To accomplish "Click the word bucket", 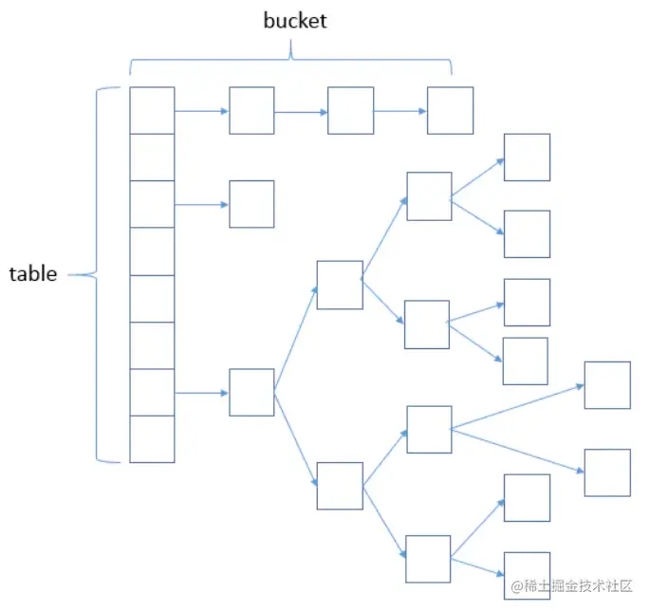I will tap(294, 21).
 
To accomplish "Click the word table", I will tap(33, 275).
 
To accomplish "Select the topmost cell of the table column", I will tap(152, 110).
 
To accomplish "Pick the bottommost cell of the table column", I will tap(152, 438).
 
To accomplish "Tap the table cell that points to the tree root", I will tap(152, 392).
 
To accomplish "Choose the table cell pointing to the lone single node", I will tap(152, 204).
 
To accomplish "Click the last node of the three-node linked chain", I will tap(450, 110).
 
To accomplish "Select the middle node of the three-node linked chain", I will tap(350, 110).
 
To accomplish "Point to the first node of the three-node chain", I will tap(251, 110).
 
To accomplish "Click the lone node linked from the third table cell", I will tap(251, 204).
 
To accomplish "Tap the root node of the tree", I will tap(251, 392).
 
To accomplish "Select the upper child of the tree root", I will tap(340, 285).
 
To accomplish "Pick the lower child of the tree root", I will tap(340, 486).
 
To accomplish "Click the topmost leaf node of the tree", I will tap(527, 157).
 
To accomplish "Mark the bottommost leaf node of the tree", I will tap(527, 575).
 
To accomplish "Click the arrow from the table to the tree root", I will tap(201, 392).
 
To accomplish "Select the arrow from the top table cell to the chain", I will tap(201, 111).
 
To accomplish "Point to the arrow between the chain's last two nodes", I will tap(399, 111).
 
